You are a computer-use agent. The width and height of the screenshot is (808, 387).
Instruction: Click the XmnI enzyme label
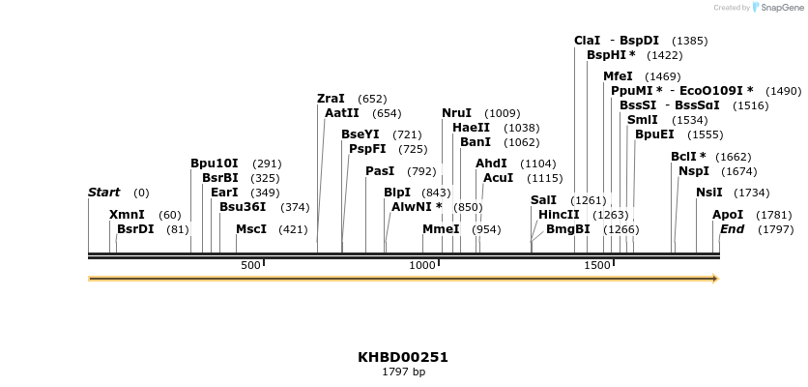point(127,215)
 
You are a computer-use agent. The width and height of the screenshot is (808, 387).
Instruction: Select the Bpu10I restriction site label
point(214,164)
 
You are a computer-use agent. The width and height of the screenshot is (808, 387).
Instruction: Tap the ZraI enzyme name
point(331,99)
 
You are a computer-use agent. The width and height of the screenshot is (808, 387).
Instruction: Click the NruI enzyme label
point(456,113)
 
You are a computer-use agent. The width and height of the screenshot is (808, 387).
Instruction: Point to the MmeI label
point(441,229)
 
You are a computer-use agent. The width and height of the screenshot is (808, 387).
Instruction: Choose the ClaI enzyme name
point(587,41)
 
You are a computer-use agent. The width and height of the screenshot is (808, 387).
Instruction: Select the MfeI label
point(618,75)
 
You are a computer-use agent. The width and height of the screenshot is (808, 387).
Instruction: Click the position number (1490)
point(783,91)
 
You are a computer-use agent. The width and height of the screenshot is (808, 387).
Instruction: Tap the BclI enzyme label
point(688,157)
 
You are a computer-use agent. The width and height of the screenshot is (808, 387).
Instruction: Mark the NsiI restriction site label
point(708,193)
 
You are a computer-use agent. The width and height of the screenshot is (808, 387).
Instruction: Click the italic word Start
point(103,193)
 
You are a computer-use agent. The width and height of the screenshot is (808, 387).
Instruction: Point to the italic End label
point(732,229)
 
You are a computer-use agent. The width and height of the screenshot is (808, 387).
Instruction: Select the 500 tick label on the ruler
point(250,265)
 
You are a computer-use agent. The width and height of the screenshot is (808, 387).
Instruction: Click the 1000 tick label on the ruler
point(422,265)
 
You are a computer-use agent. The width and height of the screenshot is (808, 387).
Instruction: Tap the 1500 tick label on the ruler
point(597,265)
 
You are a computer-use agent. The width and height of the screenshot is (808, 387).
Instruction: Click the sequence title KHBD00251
point(403,357)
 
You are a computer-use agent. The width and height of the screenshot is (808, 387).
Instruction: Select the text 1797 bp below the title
point(403,372)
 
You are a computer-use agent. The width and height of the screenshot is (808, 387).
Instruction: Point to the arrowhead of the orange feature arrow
point(715,279)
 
